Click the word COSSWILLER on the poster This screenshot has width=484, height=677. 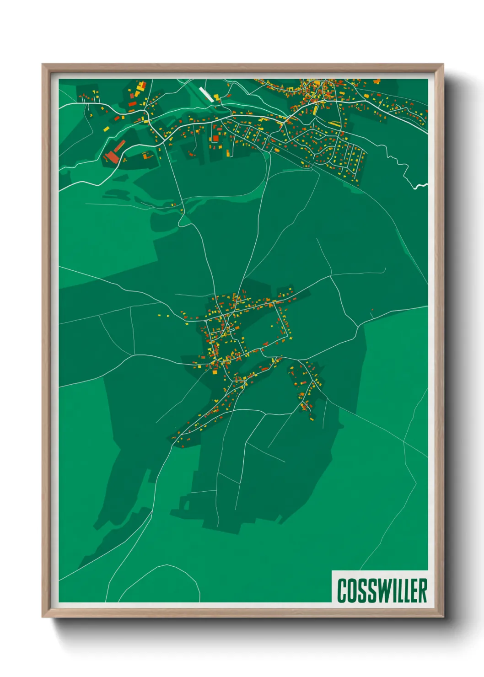click(x=382, y=591)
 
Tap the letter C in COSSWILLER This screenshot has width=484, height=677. click(x=342, y=591)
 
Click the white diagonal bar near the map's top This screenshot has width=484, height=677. click(x=206, y=94)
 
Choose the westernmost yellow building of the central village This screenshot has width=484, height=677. click(x=159, y=315)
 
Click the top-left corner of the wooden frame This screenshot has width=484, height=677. click(x=43, y=64)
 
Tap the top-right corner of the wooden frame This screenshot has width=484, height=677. click(x=443, y=64)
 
